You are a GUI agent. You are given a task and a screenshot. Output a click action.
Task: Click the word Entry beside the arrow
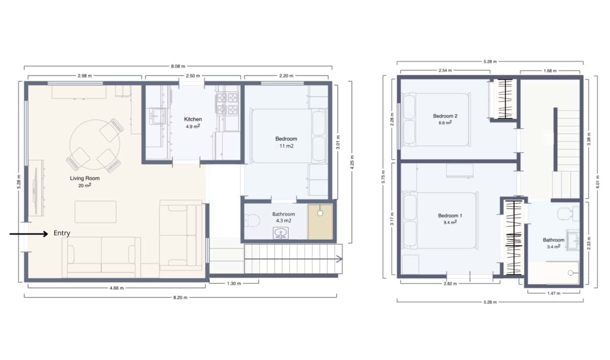point(61,233)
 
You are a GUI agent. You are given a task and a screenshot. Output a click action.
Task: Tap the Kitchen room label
point(193,119)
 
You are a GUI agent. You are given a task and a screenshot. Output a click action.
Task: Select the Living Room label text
point(85,179)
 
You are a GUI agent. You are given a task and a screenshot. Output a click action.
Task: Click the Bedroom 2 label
point(445,116)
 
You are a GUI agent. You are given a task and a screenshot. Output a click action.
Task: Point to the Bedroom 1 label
point(450,216)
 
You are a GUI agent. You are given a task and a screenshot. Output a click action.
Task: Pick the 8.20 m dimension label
point(180,298)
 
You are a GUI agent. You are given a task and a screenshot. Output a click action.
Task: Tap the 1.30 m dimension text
point(234,284)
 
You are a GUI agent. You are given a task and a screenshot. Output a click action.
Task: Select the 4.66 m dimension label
point(116,288)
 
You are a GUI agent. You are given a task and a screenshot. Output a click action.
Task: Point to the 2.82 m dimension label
point(449,284)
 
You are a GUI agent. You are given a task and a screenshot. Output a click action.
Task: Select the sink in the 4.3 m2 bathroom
point(281,233)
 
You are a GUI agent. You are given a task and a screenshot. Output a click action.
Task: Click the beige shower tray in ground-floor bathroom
point(320,222)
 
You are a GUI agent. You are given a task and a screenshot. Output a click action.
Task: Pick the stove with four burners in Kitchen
point(228,104)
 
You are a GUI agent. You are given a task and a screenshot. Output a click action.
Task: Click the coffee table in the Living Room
point(95,211)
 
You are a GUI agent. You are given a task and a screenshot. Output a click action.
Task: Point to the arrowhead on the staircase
point(340,259)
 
